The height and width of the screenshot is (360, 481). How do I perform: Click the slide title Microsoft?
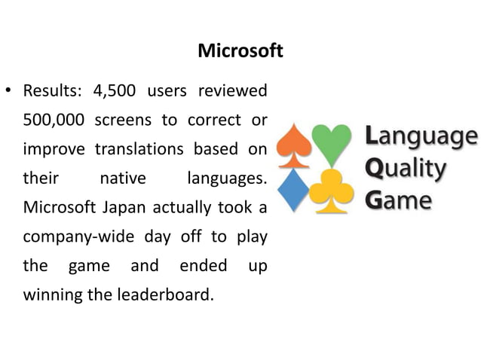(x=240, y=51)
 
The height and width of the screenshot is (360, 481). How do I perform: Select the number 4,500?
(x=115, y=93)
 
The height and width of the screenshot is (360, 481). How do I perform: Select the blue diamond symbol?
(x=294, y=189)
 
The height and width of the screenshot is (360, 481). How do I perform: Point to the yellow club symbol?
(x=332, y=190)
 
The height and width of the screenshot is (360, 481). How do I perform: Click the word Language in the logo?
(x=421, y=137)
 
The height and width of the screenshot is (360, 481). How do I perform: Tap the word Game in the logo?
(x=399, y=200)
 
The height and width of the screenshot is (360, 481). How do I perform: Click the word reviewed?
(x=232, y=93)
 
